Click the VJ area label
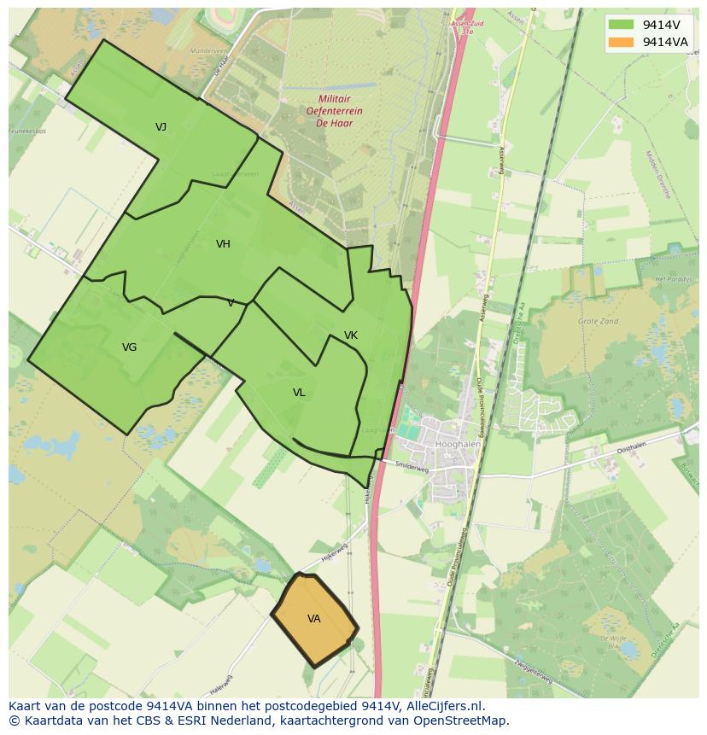point(161,127)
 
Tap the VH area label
point(223,244)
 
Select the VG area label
point(129,347)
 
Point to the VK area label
point(350,335)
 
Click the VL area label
point(299,393)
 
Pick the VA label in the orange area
point(313,619)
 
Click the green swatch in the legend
point(621,25)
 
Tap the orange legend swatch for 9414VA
point(621,42)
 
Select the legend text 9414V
point(661,25)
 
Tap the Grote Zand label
point(598,322)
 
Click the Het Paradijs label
point(671,279)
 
